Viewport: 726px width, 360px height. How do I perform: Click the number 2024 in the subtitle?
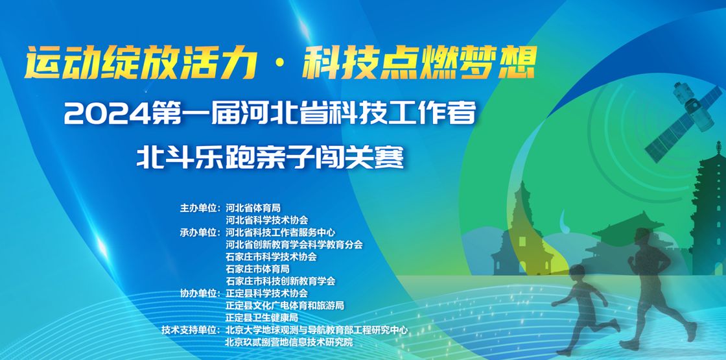point(108,114)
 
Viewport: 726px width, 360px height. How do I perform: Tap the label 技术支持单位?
point(191,330)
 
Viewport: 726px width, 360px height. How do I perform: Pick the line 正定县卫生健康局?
point(262,318)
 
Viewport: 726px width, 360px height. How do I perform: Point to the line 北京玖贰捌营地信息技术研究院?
point(289,342)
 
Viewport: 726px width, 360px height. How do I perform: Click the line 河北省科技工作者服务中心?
point(280,232)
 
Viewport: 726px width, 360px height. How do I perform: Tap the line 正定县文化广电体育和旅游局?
point(285,306)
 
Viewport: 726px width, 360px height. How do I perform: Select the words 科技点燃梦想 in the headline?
point(419,62)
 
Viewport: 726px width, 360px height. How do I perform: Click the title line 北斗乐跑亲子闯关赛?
point(270,158)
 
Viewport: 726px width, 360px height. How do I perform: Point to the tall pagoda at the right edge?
point(708,208)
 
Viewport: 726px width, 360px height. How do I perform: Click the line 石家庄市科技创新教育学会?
point(280,281)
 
